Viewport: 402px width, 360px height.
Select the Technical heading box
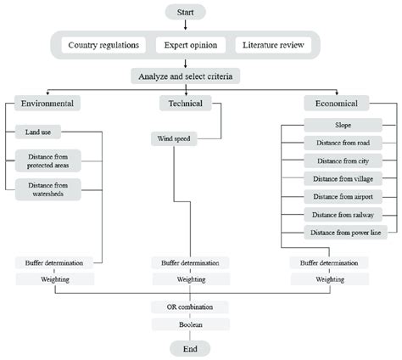[178, 104]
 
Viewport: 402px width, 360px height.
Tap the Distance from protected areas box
[47, 160]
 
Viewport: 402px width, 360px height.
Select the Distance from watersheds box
[47, 188]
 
